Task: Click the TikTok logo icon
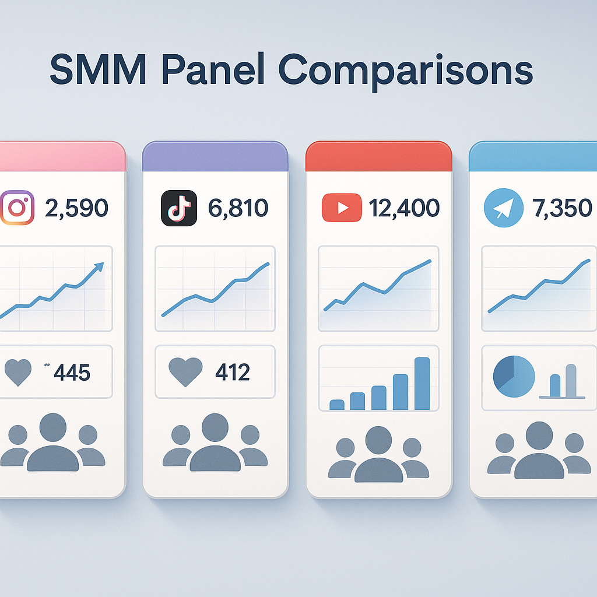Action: click(177, 208)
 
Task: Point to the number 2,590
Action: click(76, 208)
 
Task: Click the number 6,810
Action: click(237, 208)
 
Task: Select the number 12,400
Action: click(403, 208)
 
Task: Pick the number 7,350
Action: click(562, 208)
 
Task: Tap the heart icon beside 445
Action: click(18, 372)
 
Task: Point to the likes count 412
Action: click(233, 371)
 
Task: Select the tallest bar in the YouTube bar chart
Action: click(422, 384)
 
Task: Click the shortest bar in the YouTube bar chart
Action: click(337, 404)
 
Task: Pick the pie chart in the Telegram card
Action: click(514, 377)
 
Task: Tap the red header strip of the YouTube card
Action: click(379, 156)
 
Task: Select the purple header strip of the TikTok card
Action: click(215, 156)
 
